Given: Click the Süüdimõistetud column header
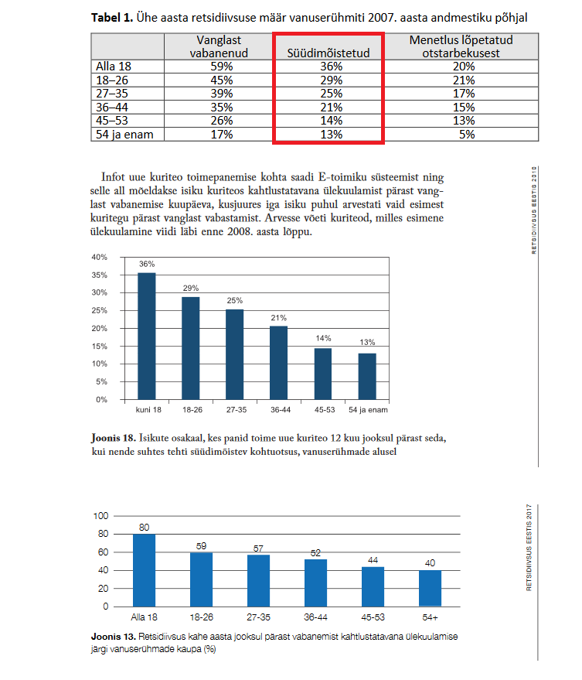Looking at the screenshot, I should coord(328,53).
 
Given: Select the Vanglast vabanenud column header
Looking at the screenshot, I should coord(217,46).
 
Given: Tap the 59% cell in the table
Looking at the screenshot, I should coord(217,67).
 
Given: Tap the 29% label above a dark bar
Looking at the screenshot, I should coord(190,289).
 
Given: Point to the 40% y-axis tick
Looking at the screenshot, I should coord(99,258).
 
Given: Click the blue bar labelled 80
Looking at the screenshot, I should coord(144,570).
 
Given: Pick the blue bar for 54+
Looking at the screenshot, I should coord(430,588).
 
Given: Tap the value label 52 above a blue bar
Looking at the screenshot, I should coord(315,553).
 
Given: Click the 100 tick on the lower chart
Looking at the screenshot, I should coord(100,516).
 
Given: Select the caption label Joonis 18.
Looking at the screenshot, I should coord(115,439).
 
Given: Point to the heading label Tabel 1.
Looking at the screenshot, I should coord(113,17).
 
